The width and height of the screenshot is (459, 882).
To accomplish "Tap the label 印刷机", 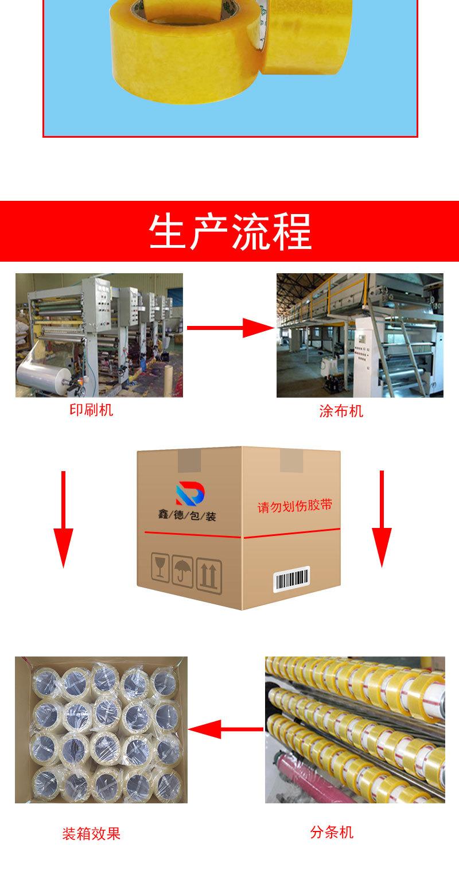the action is coord(91,410).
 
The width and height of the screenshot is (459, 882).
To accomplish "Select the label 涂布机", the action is coord(341,411).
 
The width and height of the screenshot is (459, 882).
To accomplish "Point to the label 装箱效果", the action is coord(91,834).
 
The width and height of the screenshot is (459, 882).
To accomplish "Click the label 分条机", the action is coord(332,832).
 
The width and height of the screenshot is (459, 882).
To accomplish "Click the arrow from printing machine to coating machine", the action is coord(229,328).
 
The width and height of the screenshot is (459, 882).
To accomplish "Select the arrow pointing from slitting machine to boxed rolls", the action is coord(226,730).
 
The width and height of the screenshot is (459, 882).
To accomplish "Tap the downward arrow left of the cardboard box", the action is coord(63,519).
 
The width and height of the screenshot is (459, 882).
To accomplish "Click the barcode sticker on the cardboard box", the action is coord(291,579).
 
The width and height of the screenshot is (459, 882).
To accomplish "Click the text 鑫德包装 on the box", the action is coord(187,516).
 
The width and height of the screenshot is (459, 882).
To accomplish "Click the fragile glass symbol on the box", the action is coord(159,568).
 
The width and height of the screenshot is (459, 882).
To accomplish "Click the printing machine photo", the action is coord(99,335).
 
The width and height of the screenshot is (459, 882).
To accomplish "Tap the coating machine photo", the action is coord(360,335).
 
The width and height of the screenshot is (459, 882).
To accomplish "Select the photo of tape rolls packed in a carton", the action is coord(102,730).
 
